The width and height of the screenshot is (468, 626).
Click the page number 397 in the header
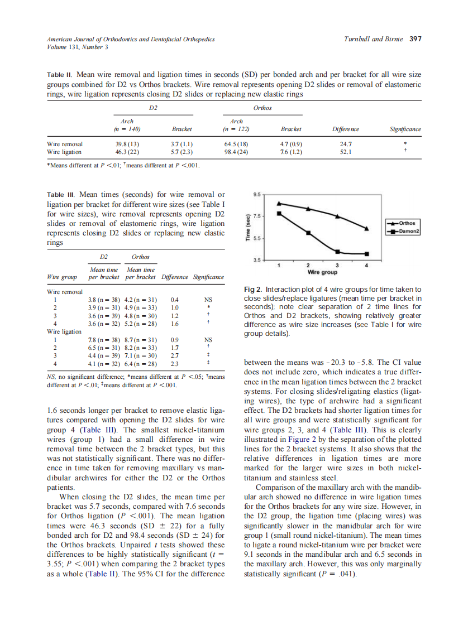[415, 39]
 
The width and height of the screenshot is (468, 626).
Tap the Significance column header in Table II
[405, 129]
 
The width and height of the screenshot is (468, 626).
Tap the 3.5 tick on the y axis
[256, 261]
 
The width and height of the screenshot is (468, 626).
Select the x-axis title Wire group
[322, 273]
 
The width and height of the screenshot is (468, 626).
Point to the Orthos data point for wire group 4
[366, 228]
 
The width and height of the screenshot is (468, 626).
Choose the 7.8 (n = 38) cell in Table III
[104, 339]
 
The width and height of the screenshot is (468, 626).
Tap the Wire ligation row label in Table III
[64, 331]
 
